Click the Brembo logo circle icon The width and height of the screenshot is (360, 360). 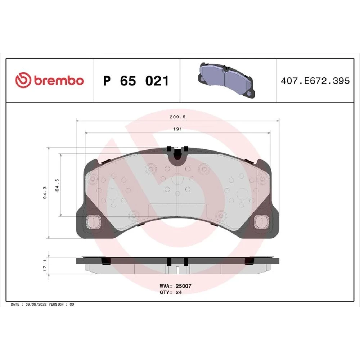click(23, 80)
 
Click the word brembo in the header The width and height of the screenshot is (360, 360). click(59, 80)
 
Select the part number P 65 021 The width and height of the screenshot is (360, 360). click(136, 81)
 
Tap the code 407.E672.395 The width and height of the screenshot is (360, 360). click(315, 81)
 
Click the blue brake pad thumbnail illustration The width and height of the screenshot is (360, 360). click(226, 80)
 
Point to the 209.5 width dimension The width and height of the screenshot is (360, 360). click(177, 117)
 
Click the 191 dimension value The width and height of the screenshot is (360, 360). click(177, 129)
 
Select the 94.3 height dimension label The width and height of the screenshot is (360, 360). click(45, 193)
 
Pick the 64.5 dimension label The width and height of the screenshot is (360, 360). click(57, 185)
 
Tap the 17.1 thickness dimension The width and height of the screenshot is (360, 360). click(45, 266)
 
